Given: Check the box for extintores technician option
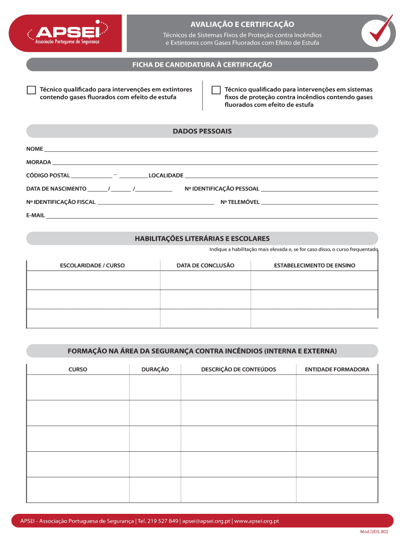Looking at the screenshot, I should (31, 90).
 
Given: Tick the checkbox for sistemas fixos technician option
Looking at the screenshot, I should (216, 90).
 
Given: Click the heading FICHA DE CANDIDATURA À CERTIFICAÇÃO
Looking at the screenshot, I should (202, 65).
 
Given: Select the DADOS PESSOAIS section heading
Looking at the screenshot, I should (202, 131).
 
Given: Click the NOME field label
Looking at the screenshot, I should (35, 149).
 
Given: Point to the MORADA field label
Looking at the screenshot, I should (38, 162).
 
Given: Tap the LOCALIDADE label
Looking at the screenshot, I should (166, 175).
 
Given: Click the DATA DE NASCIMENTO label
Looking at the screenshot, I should (56, 189).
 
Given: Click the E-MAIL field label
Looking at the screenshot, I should (36, 215).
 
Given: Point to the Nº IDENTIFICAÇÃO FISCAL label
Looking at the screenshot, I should (61, 202).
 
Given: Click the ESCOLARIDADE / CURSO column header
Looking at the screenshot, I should (93, 266).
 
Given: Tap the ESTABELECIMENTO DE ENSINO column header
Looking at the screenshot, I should (315, 266).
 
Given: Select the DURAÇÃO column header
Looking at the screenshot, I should (155, 369).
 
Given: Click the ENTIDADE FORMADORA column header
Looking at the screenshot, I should (337, 369).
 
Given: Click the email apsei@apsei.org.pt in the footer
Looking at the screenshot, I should (206, 521).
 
